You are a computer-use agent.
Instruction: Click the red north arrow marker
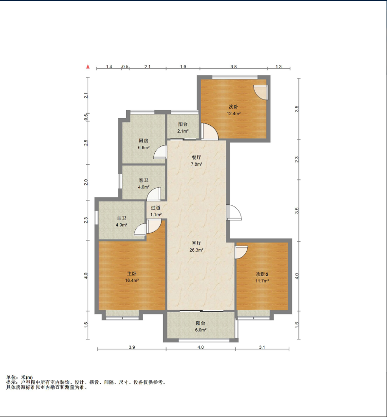[88, 67]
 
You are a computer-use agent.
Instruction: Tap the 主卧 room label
[131, 274]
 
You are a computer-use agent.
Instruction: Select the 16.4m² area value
[132, 280]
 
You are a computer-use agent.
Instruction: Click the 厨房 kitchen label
[143, 140]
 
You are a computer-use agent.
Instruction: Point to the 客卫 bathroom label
[143, 180]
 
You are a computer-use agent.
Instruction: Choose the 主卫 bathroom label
[122, 218]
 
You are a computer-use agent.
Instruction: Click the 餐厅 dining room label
[196, 158]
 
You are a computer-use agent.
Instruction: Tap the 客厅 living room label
[196, 243]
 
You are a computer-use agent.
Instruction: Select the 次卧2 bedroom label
[262, 274]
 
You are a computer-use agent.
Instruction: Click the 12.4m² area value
[234, 114]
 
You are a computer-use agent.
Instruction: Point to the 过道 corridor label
[156, 208]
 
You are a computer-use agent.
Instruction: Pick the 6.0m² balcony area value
[201, 330]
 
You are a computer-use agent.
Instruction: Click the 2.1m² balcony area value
[183, 131]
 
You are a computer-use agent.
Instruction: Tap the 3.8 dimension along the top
[234, 67]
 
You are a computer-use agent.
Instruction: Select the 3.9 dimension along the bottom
[132, 347]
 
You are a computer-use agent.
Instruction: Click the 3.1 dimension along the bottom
[262, 347]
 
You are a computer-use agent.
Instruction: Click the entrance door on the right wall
[234, 213]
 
